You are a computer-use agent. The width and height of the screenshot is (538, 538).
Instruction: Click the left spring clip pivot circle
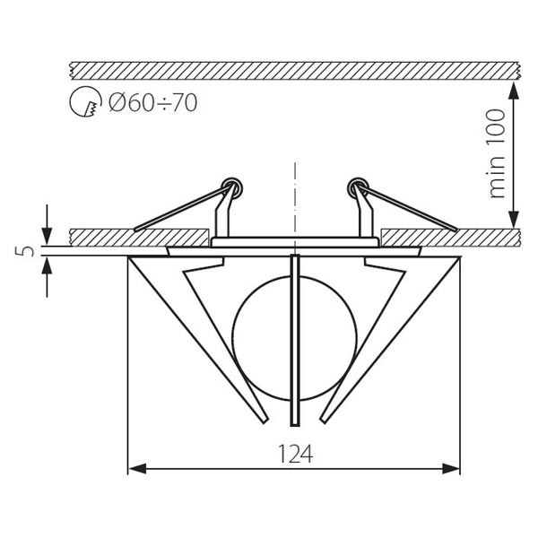point(235,186)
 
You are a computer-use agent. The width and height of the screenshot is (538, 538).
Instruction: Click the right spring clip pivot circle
point(357,186)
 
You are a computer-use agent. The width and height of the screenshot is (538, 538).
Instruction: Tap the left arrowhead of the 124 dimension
point(135,467)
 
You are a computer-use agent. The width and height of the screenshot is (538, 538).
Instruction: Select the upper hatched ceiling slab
point(295,70)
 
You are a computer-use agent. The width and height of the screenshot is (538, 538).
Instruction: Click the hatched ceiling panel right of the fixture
point(448,237)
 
